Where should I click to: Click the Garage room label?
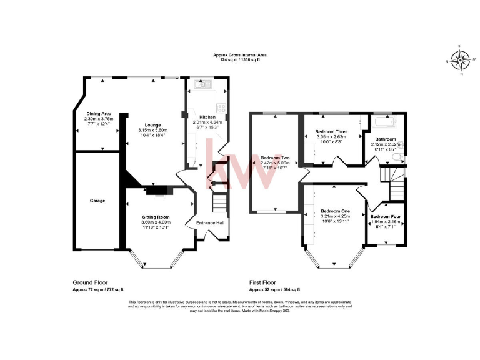pos(97,201)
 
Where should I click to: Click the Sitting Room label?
pos(155,217)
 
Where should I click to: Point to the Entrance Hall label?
pos(211,223)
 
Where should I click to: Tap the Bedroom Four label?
pos(386,216)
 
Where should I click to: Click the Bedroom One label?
pos(336,211)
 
